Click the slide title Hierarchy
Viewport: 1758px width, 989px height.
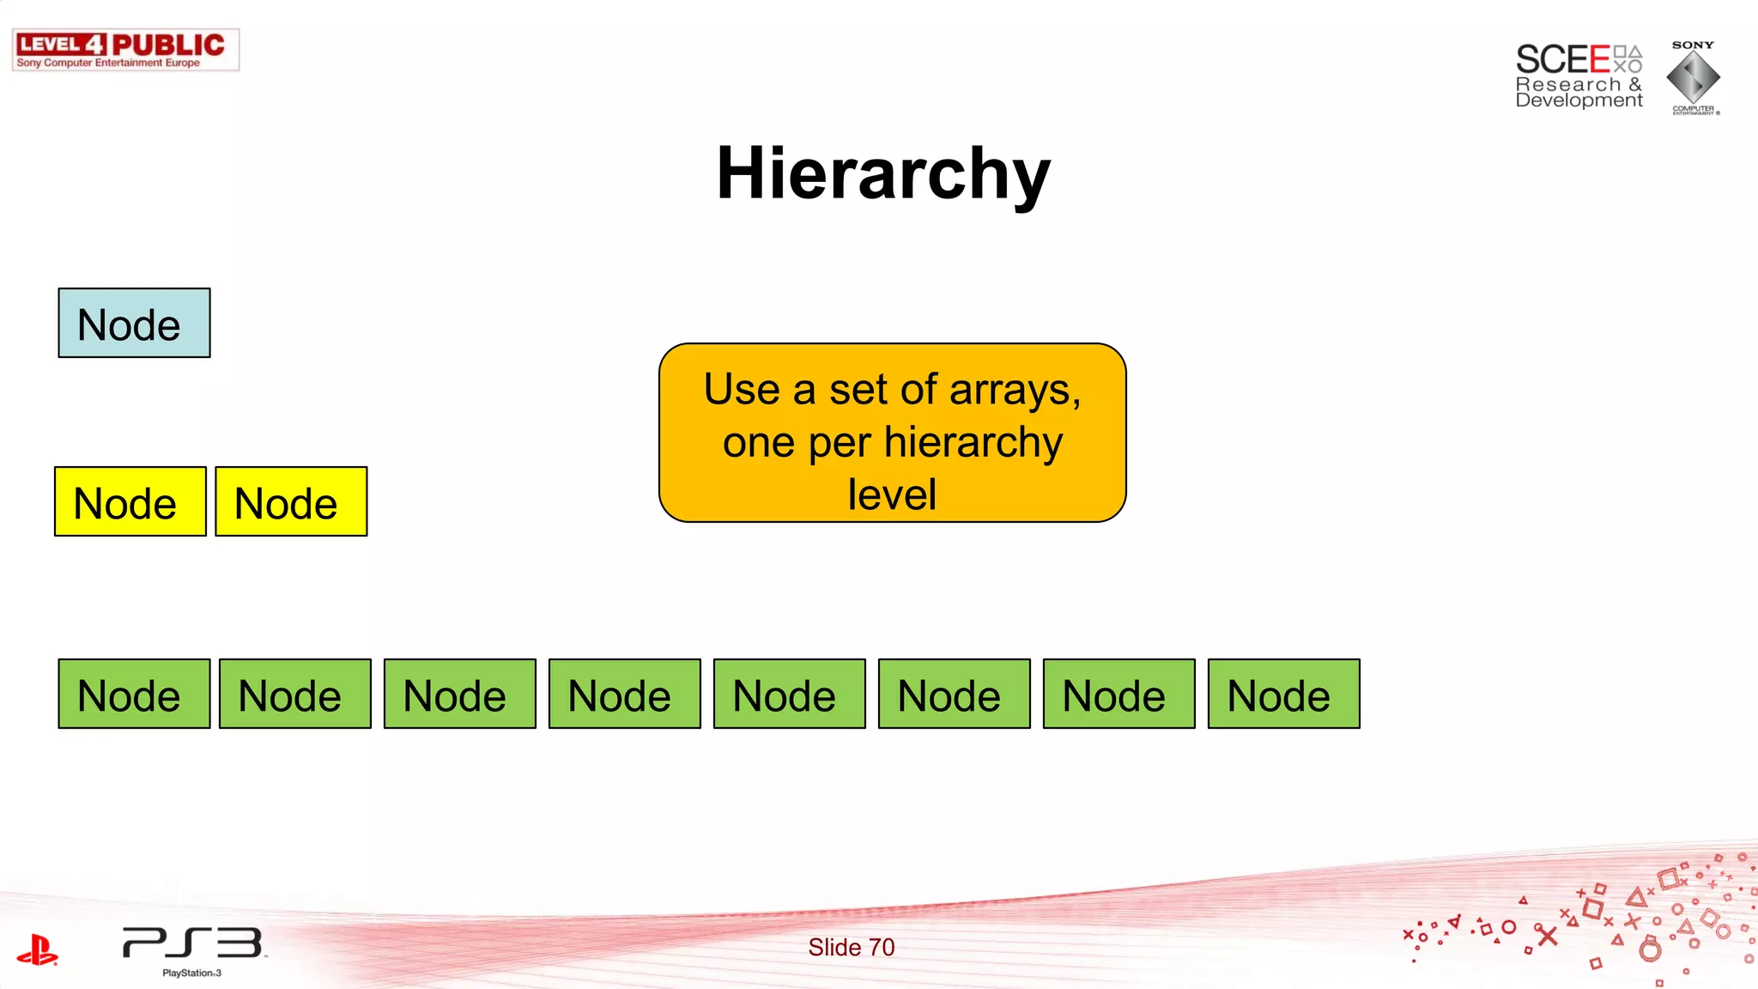tap(883, 174)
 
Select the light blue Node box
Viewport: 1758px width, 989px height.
tap(134, 324)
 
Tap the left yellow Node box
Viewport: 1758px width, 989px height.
tap(130, 502)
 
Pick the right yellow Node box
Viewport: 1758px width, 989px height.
tap(291, 502)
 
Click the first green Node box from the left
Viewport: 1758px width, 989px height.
tap(134, 695)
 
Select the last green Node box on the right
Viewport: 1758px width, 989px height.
tap(1283, 695)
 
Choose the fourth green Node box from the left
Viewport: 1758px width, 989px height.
tap(624, 695)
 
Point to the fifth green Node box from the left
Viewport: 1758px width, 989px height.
tap(789, 695)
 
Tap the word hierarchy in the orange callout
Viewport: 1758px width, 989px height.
tap(973, 443)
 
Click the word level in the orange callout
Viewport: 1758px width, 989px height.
tap(892, 495)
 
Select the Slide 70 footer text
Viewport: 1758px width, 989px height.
tap(851, 947)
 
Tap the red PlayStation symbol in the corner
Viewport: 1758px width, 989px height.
tap(37, 950)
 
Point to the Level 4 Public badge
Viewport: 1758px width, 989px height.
tap(125, 49)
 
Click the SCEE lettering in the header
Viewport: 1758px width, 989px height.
tap(1562, 60)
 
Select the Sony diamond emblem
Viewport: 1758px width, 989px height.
tap(1693, 77)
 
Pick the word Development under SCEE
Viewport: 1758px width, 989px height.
tap(1579, 100)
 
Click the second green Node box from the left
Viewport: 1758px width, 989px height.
tap(295, 695)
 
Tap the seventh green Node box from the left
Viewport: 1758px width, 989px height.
tap(1118, 695)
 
